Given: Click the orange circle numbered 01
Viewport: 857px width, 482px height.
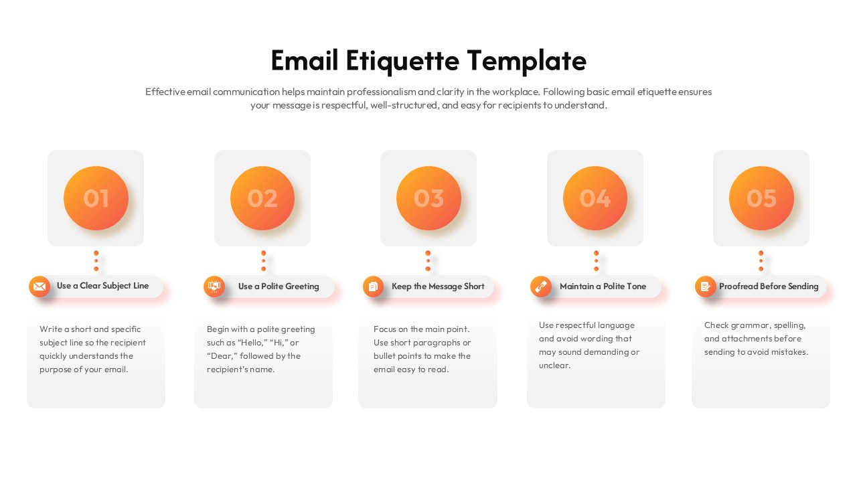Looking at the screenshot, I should [x=96, y=198].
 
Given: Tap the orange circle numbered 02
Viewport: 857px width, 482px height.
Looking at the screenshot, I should [x=262, y=198].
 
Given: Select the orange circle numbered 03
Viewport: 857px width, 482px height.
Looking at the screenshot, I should [x=428, y=198].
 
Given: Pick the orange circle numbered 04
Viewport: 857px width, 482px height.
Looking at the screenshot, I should [x=595, y=198].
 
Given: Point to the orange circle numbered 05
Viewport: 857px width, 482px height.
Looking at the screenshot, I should [x=761, y=198].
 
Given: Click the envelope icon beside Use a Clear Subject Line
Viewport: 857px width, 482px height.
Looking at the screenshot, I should [x=40, y=287].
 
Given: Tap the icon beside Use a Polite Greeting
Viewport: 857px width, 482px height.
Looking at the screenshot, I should [x=214, y=287].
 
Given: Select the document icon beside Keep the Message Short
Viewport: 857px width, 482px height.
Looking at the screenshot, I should [x=374, y=287].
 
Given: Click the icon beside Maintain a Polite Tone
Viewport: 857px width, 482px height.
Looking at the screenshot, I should [x=541, y=287].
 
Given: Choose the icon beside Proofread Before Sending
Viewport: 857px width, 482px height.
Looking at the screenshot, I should [x=706, y=287].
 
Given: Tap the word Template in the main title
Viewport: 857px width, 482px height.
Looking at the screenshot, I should [x=526, y=61].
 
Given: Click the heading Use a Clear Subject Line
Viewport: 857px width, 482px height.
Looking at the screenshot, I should [x=102, y=286].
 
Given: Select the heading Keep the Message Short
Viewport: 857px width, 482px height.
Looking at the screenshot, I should [x=438, y=287].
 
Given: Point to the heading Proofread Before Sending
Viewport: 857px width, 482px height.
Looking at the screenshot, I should [x=769, y=287].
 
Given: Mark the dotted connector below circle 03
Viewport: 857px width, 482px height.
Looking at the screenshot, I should [x=428, y=260].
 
